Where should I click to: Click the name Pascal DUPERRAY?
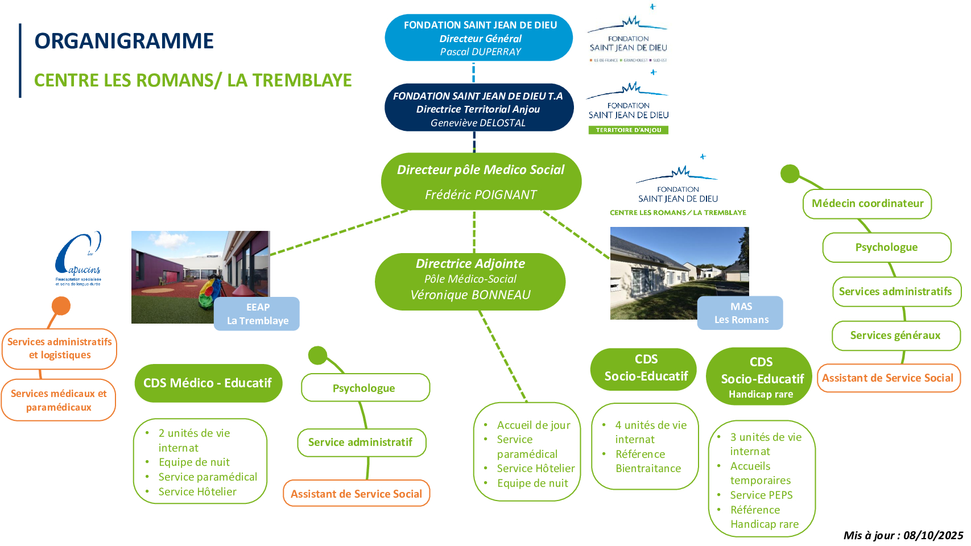point(480,52)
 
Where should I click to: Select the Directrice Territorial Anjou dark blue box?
point(478,108)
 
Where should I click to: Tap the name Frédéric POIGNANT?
point(481,195)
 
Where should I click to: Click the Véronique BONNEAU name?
point(470,295)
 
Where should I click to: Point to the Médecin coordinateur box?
point(867,204)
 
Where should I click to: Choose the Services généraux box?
point(895,336)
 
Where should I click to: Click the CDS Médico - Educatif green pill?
point(208,383)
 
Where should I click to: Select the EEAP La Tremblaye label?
point(257,314)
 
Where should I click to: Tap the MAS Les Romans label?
point(741,313)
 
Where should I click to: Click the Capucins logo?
point(78,259)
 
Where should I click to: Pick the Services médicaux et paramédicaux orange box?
point(59,400)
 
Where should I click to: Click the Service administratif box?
point(361,442)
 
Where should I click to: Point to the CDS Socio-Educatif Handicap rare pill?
point(761,377)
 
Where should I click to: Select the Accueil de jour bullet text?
point(533,425)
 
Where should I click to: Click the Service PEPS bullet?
point(761,495)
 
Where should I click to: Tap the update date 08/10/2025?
point(933,535)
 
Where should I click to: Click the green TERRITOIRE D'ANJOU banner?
point(628,130)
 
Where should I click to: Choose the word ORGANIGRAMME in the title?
point(124,41)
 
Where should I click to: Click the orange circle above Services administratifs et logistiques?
point(61,306)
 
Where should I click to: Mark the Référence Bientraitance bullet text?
point(647,461)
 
